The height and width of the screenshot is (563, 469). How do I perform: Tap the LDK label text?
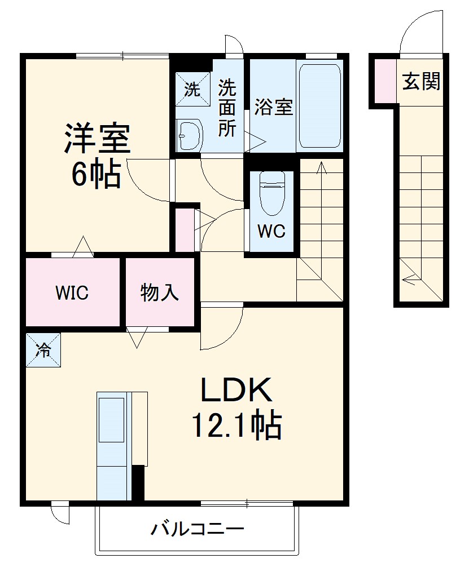(x=236, y=391)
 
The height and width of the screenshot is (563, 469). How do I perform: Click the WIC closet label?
(x=72, y=293)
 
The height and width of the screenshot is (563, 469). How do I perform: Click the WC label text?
(x=272, y=231)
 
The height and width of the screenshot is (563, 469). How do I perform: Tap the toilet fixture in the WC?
(x=272, y=192)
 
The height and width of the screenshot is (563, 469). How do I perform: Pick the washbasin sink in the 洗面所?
(x=188, y=135)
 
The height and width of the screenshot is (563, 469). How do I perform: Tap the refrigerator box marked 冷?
(x=43, y=350)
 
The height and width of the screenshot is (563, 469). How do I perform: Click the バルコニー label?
(x=198, y=530)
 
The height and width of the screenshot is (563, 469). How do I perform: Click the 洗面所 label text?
(x=227, y=108)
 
